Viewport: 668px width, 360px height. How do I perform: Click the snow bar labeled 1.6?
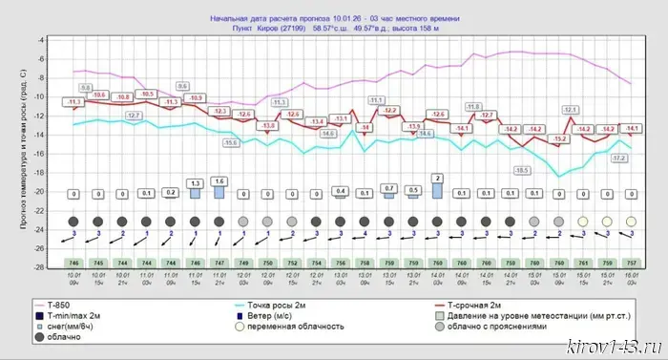(219, 191)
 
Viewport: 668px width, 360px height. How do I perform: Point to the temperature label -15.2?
(559, 139)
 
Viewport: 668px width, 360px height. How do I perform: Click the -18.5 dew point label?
(521, 170)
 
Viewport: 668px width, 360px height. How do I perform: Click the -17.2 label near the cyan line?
(618, 158)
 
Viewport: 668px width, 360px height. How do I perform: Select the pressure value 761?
(583, 262)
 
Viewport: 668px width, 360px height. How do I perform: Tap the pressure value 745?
(98, 262)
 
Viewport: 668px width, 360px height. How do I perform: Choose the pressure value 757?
(631, 262)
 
